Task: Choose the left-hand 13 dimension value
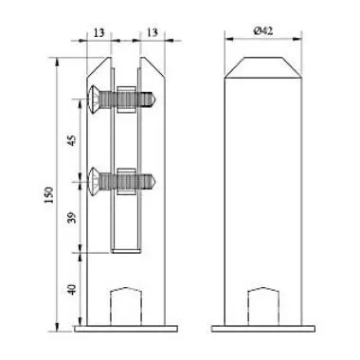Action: click(99, 29)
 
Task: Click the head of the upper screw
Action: click(92, 97)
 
